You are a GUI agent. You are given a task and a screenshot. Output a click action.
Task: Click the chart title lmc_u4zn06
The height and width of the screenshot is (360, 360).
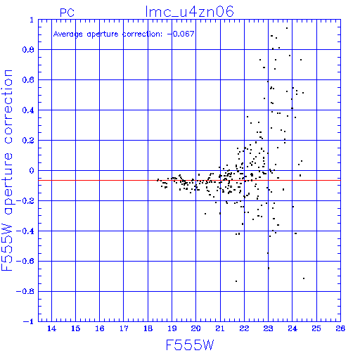[189, 12]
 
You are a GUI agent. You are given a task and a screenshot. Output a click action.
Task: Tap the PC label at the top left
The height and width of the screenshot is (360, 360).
[67, 13]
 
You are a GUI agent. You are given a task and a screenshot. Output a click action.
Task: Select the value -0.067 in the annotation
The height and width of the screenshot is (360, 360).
[181, 34]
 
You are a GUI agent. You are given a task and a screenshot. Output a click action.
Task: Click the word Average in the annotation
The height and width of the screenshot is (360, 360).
[68, 34]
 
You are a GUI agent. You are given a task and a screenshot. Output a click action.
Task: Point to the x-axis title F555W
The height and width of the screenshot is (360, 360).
[190, 345]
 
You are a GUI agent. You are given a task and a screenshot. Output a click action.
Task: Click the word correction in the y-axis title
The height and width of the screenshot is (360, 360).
[8, 107]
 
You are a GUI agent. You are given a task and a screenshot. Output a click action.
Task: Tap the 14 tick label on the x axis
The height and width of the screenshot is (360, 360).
[51, 328]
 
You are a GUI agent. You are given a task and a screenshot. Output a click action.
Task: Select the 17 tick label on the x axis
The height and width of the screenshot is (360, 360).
[124, 328]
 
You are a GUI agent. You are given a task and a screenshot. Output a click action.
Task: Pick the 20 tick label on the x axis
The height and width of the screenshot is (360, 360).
[196, 328]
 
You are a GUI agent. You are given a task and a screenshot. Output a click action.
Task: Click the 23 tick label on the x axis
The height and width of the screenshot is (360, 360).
[268, 328]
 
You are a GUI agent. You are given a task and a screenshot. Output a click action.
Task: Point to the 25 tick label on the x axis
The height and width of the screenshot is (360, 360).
[316, 328]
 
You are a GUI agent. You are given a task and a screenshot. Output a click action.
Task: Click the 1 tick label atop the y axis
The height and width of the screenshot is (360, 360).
[32, 20]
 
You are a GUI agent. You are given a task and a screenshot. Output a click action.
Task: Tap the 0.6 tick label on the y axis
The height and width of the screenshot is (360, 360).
[28, 80]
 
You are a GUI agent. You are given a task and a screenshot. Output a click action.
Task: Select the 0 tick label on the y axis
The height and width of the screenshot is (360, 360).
[32, 171]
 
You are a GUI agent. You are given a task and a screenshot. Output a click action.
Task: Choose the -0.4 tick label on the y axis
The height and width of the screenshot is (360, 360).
[25, 231]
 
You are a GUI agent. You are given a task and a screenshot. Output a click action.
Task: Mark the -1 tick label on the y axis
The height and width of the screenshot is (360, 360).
[29, 321]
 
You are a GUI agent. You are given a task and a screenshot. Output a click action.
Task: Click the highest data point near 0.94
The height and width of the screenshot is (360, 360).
[287, 28]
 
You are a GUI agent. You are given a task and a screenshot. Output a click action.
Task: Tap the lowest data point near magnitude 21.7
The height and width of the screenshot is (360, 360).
[236, 281]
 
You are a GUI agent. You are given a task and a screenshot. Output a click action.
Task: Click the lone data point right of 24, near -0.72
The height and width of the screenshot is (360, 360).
[304, 278]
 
